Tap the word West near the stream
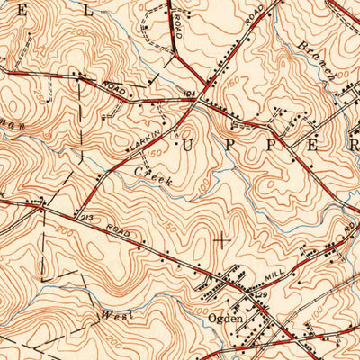tap(114, 316)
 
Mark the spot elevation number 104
tap(189, 93)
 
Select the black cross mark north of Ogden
tap(220, 239)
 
